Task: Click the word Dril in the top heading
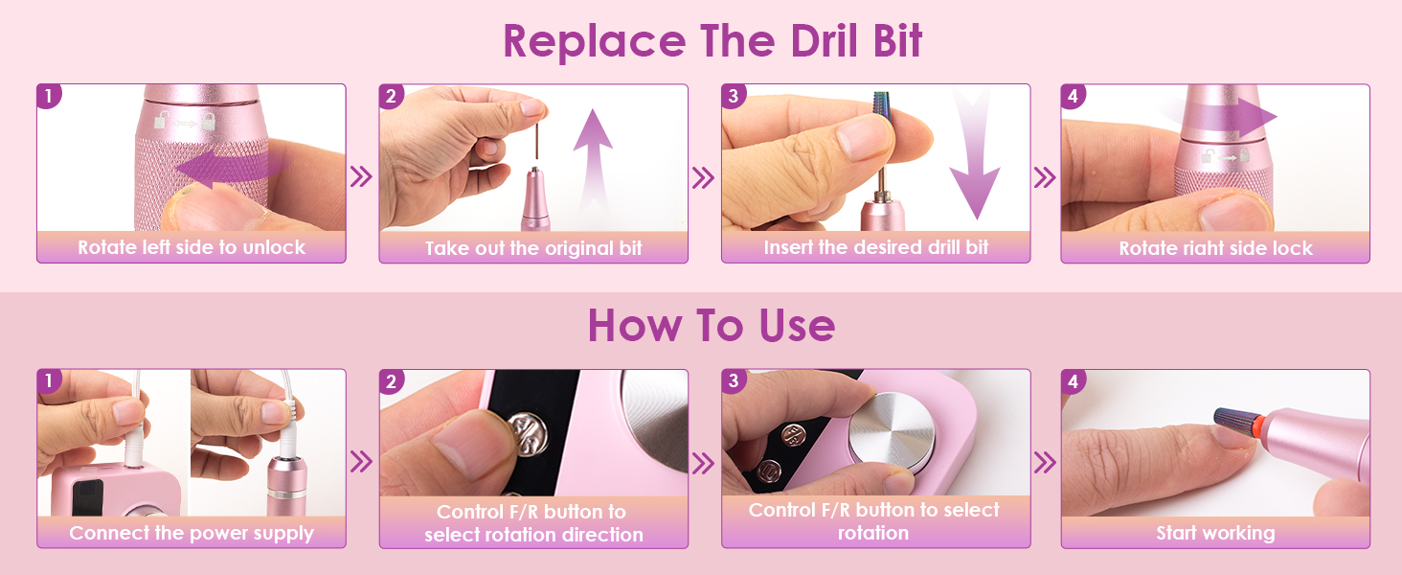[825, 40]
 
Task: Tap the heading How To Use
[712, 326]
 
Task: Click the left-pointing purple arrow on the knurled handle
[233, 168]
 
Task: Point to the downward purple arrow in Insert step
[975, 156]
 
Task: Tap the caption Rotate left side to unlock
[192, 247]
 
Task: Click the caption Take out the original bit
[533, 248]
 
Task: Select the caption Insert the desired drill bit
[875, 247]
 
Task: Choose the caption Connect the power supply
[192, 533]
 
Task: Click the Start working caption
[1215, 533]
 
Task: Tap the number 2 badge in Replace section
[391, 97]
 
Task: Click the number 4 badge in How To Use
[1073, 381]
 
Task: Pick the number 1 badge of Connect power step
[49, 380]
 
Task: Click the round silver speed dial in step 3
[892, 432]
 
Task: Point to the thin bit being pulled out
[536, 142]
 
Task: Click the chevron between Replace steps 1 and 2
[361, 176]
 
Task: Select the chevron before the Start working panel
[1045, 463]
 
